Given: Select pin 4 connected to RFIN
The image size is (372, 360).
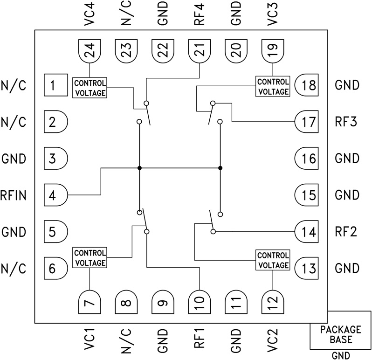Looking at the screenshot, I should (55, 195).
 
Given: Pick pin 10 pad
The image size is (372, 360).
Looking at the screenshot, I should (200, 303).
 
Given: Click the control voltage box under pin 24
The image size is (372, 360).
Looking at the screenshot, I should (90, 87).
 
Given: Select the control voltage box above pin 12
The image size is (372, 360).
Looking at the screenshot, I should (272, 260).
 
